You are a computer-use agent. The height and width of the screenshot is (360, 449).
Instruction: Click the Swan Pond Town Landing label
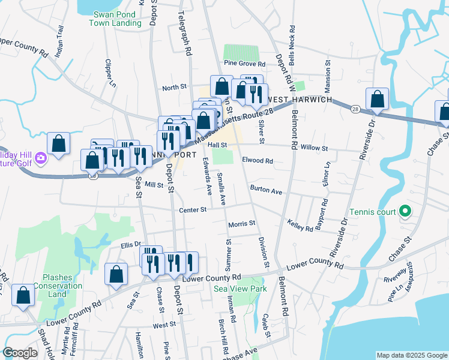coord(115,19)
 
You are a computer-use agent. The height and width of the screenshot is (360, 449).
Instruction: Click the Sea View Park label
coord(240,289)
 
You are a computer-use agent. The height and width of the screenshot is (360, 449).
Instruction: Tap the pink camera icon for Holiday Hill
coord(40,158)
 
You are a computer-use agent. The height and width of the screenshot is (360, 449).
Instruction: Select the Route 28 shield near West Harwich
coord(356,109)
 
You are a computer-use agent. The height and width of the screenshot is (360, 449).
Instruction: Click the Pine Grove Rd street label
coord(244,63)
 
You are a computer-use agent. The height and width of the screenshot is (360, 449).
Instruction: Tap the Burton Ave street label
coord(266,191)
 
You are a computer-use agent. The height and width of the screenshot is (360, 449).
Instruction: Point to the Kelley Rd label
coord(300,225)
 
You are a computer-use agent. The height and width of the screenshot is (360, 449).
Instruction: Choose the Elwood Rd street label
coord(258,161)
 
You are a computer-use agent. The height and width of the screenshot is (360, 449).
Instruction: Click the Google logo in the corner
coord(20,353)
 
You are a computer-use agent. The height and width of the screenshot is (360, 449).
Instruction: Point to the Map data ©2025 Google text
coord(411,355)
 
